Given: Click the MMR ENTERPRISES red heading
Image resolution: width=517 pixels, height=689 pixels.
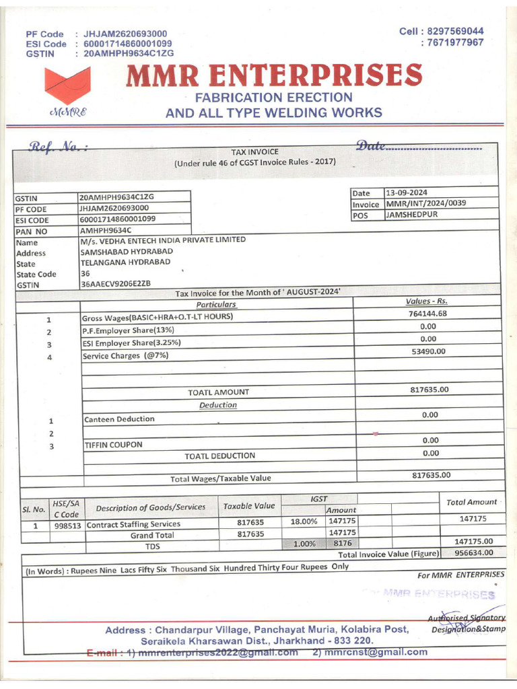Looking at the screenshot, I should [274, 75].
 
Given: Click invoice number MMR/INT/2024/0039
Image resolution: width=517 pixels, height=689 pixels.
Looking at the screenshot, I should [425, 204].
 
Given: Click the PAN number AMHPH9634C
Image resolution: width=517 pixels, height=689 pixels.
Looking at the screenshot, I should [108, 230].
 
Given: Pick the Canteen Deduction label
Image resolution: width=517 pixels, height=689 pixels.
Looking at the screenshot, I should [118, 419].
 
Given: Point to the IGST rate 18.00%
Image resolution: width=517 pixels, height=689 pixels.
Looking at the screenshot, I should [303, 521].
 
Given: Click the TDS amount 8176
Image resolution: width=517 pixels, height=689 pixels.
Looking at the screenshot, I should [343, 542].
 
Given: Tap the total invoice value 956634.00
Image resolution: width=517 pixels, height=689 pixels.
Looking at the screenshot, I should [474, 552].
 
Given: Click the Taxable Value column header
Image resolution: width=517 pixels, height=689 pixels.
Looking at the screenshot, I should [249, 506].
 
